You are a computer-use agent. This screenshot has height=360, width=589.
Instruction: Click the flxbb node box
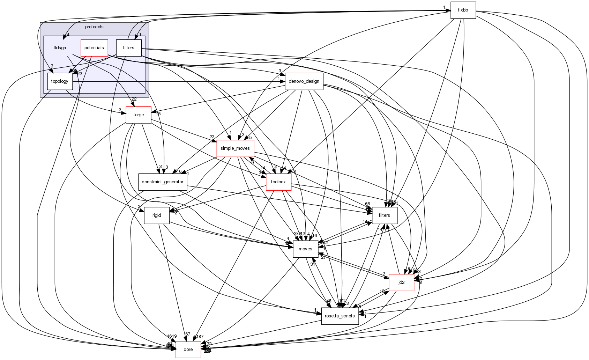coord(463,10)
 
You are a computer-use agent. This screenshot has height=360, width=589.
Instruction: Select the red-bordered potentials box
coord(94,48)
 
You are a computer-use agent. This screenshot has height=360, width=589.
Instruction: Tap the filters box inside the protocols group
coord(128,48)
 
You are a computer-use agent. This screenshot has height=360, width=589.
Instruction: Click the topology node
coord(60,81)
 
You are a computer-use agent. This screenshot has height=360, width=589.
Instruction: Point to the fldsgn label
coord(60,48)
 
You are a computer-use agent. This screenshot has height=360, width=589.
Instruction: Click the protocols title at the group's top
coord(94,27)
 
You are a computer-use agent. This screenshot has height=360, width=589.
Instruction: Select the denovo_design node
coord(304,81)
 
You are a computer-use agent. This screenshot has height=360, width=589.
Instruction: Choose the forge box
coord(139,115)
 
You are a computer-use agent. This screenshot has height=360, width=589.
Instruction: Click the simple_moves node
coord(235,148)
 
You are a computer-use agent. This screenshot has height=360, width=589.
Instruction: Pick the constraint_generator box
coord(162,182)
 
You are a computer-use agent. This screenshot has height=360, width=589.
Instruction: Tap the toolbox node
coord(278,182)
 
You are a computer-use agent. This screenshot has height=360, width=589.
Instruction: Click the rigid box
coord(157,215)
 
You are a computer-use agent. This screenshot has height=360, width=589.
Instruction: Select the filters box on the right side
coord(384,215)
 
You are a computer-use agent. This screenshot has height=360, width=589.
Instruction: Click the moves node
coord(305,249)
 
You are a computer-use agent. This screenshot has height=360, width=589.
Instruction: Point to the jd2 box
coord(401,282)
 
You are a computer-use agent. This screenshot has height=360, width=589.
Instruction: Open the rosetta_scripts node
coord(340,316)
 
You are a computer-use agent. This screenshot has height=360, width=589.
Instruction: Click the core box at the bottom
coord(188,350)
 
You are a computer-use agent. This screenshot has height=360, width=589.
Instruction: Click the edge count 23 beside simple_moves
coord(212,137)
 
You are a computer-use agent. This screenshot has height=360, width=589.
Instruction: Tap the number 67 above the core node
coord(188,334)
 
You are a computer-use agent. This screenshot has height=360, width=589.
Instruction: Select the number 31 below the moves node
coord(313,264)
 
